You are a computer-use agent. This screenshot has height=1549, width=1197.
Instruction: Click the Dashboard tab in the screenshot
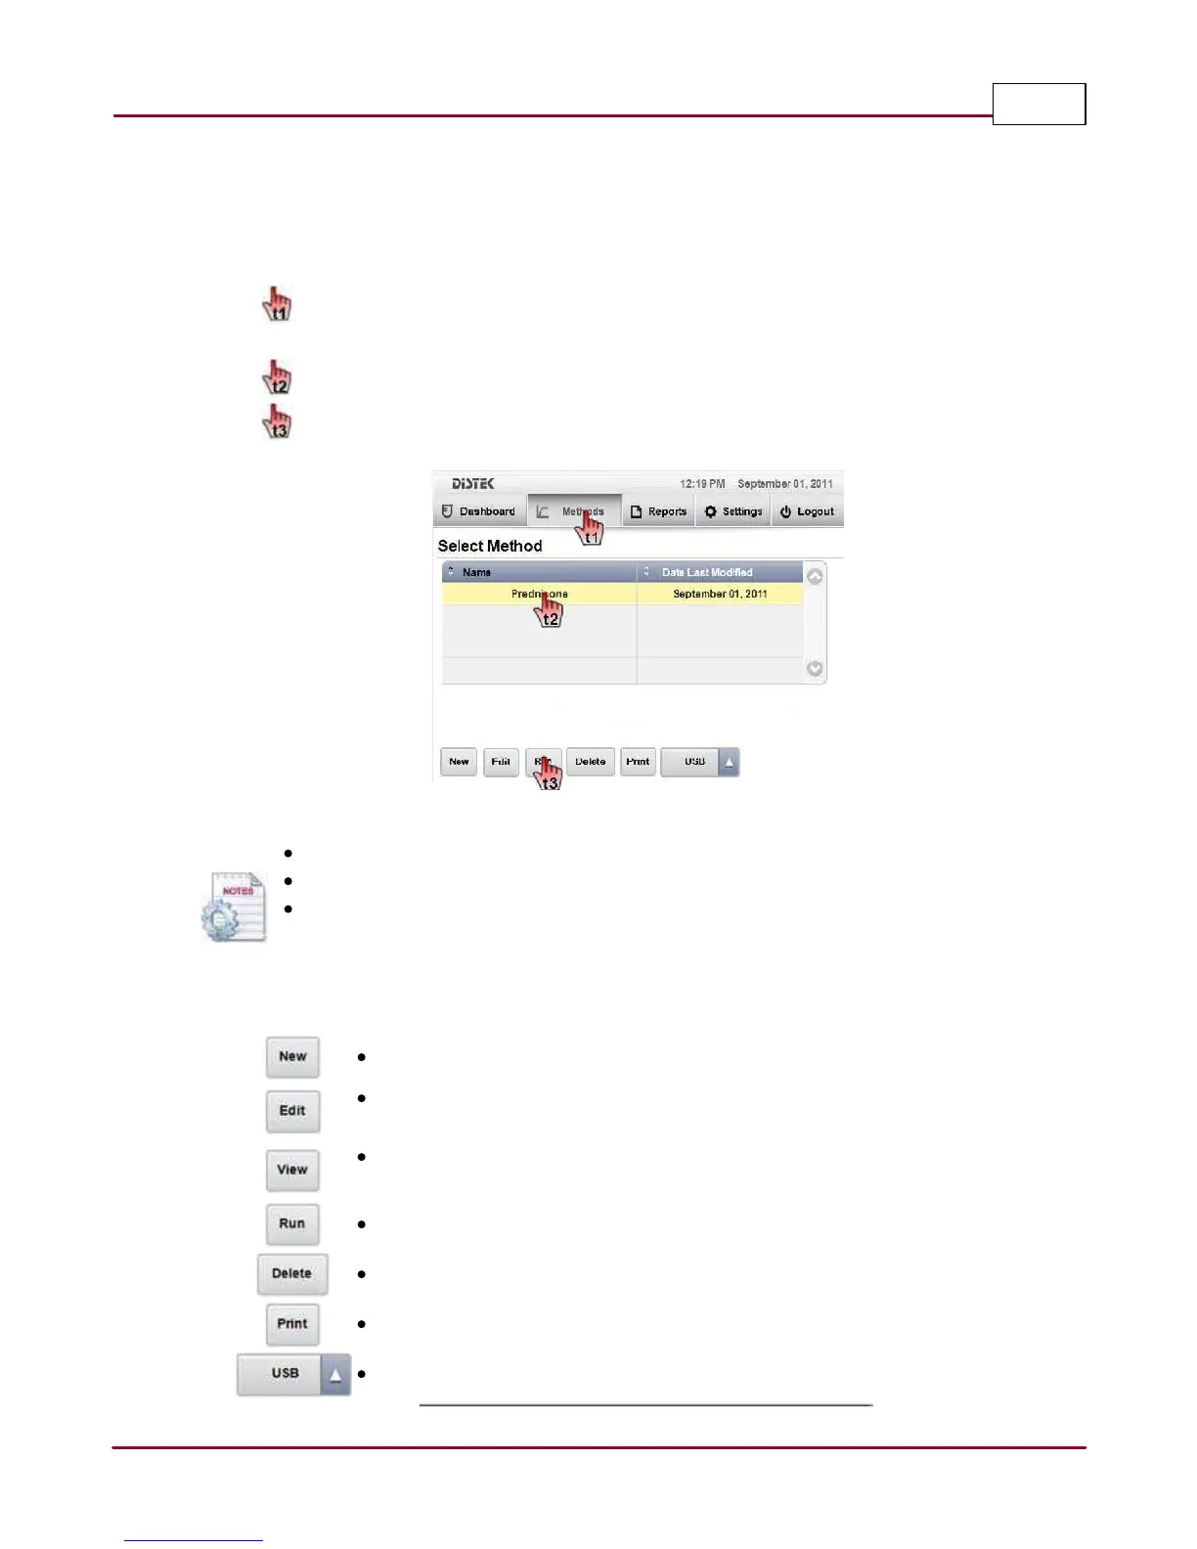[x=479, y=511]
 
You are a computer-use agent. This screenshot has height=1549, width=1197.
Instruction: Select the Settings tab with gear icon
[x=733, y=511]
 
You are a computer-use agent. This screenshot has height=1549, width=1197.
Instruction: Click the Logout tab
[x=807, y=511]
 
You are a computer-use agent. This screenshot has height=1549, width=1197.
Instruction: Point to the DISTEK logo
[x=472, y=484]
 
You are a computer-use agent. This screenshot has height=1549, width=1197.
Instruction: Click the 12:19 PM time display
[x=702, y=484]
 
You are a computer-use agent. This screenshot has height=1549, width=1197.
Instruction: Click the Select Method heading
[x=490, y=546]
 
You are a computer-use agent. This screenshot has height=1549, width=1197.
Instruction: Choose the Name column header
[x=477, y=572]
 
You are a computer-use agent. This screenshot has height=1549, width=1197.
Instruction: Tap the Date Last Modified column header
[x=707, y=572]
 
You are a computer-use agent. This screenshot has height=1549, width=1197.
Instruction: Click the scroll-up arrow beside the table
[x=815, y=576]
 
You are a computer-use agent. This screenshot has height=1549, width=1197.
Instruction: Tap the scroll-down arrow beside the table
[x=815, y=669]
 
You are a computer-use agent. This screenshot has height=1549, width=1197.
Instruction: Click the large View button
[x=292, y=1170]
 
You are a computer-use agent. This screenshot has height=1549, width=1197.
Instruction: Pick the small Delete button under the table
[x=591, y=762]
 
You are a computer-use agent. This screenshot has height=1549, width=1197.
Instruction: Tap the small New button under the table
[x=459, y=762]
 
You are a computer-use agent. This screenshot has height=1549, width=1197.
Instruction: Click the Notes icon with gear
[x=234, y=907]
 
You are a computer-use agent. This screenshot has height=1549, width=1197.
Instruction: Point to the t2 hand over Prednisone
[x=550, y=610]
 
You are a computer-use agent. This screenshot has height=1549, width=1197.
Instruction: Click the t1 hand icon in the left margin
[x=278, y=304]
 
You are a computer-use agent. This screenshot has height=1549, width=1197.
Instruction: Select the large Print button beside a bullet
[x=292, y=1324]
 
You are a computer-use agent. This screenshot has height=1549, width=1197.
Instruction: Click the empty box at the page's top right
[x=1039, y=104]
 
